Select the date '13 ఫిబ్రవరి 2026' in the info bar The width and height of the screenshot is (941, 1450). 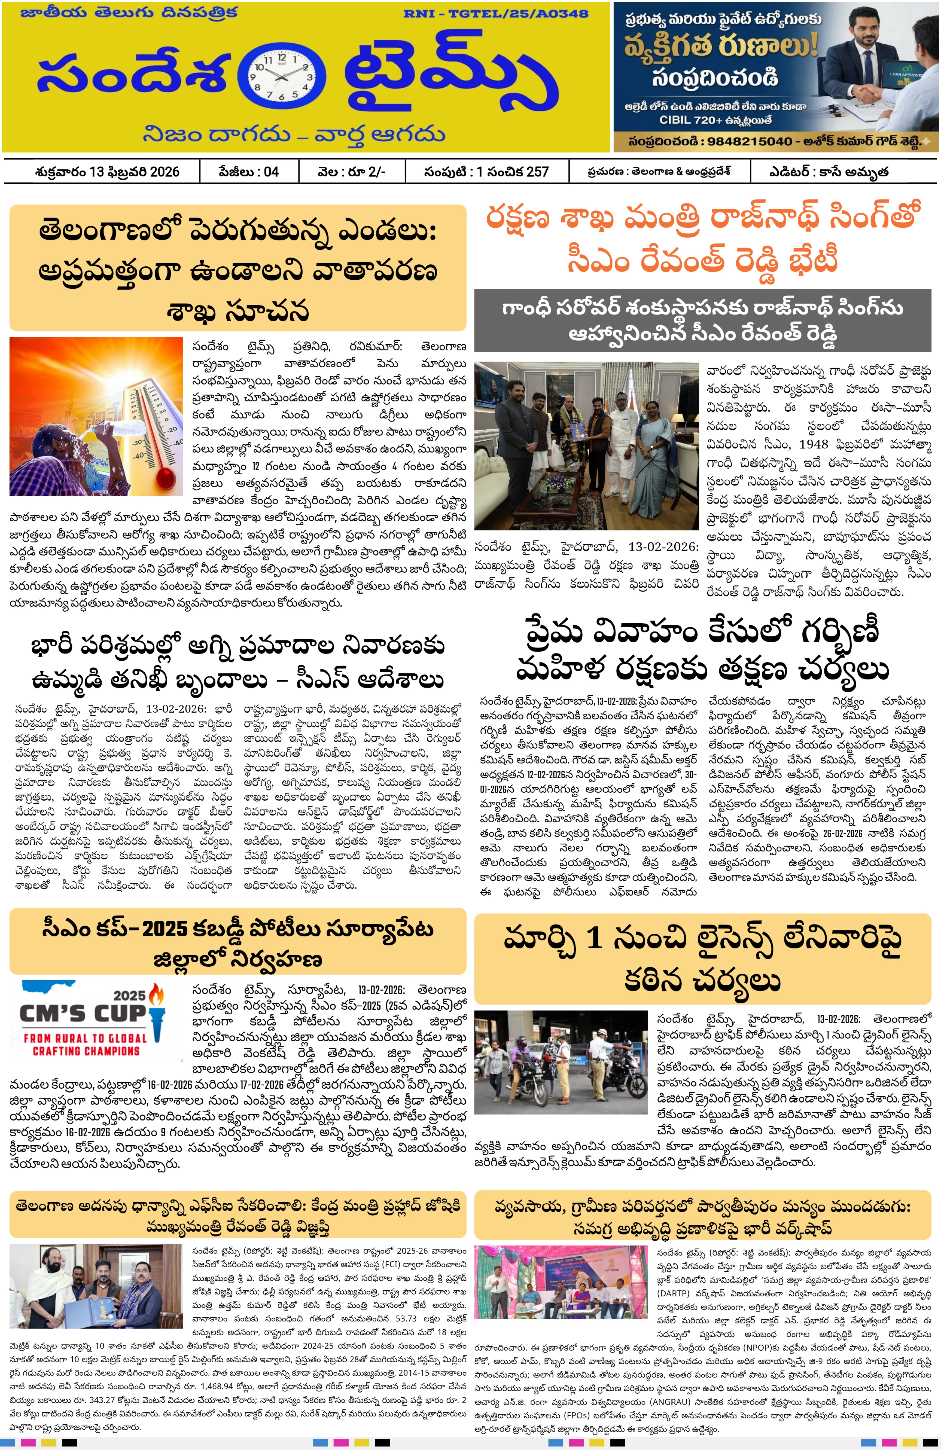pos(134,172)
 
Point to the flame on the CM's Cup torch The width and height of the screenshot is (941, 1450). pos(157,996)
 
